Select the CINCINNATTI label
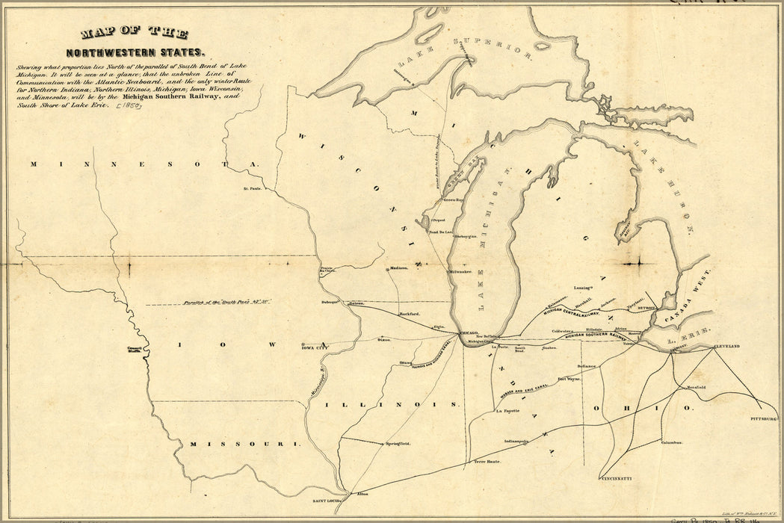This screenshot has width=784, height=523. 617,477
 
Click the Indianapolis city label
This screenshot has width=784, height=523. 516,442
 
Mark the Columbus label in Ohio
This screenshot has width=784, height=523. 671,442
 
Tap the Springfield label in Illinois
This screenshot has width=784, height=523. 398,444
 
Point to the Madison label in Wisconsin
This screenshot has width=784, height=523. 398,269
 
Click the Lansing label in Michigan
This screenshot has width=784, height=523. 583,285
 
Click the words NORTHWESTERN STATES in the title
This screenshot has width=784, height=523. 135,53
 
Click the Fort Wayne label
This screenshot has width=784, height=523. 570,380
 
